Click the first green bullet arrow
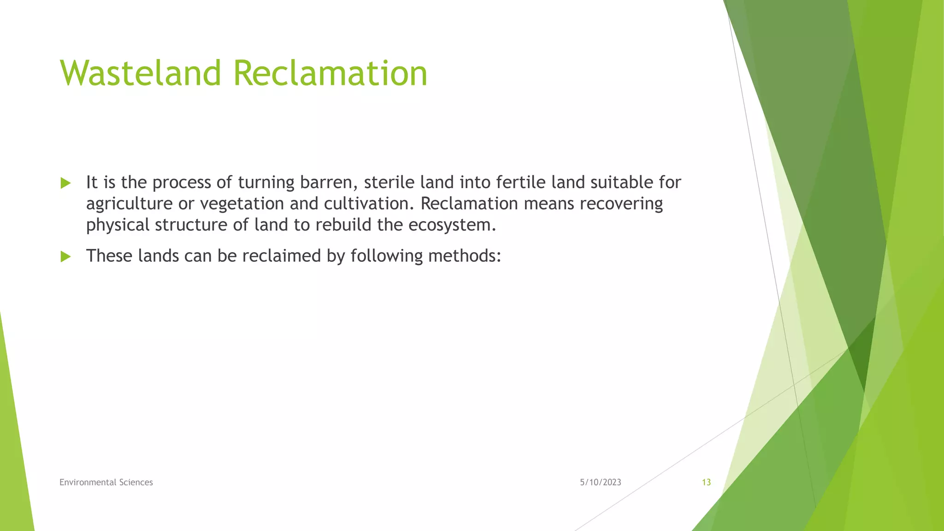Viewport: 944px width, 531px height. pos(65,183)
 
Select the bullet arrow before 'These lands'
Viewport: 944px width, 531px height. pos(65,257)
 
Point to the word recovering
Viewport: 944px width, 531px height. pos(621,204)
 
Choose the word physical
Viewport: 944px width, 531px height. pos(118,225)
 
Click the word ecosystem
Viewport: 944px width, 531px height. pos(452,225)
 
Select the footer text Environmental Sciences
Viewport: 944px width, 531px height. pos(106,482)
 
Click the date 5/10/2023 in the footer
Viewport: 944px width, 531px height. pos(600,482)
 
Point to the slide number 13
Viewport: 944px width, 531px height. pos(706,482)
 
